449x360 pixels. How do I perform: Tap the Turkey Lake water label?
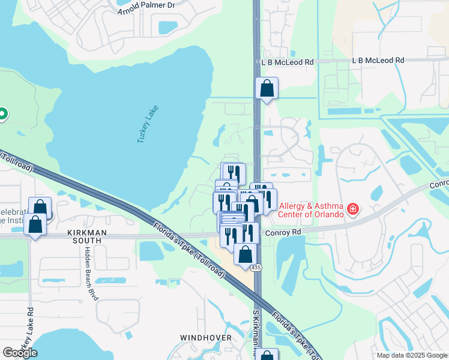(146, 127)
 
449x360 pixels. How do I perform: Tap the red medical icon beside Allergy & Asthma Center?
(354, 209)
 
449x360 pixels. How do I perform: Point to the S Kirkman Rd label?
(255, 333)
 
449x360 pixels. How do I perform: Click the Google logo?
(20, 352)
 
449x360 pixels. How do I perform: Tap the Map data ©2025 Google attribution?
(412, 355)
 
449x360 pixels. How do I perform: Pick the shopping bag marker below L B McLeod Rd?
(267, 89)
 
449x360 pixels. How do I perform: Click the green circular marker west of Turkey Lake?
(2, 113)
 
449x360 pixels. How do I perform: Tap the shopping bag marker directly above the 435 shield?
(245, 254)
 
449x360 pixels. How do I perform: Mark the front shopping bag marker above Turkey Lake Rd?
(35, 225)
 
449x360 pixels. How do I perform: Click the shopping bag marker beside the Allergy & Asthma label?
(252, 204)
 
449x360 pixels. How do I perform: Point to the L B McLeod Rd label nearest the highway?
(288, 62)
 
